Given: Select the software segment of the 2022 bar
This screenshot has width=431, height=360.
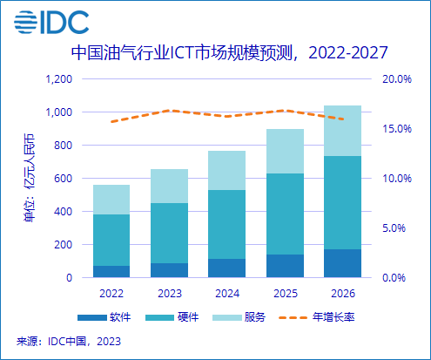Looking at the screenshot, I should pos(111,271).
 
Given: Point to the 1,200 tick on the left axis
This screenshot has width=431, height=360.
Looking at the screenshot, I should pos(57,79).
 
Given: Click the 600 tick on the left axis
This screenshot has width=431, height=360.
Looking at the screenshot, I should pos(63,179).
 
